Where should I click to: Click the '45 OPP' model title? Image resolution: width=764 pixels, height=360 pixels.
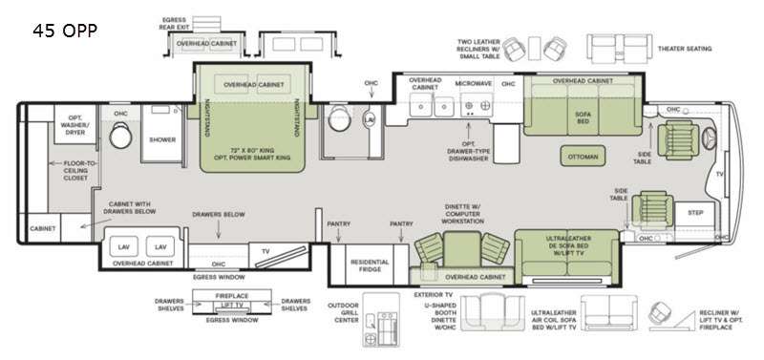coord(64,31)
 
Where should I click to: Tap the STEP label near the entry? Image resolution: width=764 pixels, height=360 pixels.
coord(694,211)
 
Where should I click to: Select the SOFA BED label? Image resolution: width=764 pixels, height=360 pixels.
coord(581,116)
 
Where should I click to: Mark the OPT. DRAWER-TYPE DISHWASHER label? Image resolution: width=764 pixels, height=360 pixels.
coord(470,152)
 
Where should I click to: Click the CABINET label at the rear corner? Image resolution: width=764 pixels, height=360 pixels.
coord(42,229)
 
